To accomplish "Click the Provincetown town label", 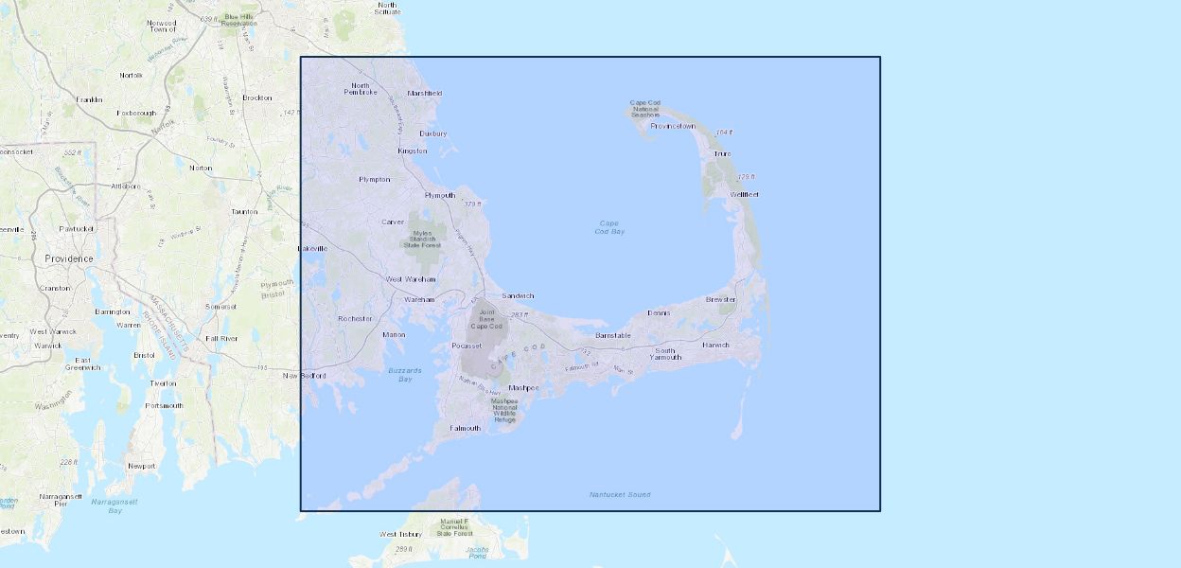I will coord(673,126).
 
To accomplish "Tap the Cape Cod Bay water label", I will coord(610,227).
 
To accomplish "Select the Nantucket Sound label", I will coord(620,494).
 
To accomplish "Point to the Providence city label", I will coord(69,258).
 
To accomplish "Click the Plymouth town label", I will coord(440,196).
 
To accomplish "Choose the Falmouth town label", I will coord(465,428).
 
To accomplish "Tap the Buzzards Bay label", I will coord(405,374).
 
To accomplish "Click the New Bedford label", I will coord(305,376).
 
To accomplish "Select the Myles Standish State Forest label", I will coord(424,239).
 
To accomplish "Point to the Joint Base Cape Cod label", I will coord(487,318).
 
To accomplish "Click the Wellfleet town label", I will coord(744,194).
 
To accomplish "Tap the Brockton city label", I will coord(256,98).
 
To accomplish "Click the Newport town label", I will coord(141,466).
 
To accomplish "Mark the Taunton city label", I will coord(244,211).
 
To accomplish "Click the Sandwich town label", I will coord(518,295).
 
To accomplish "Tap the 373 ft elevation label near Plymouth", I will coord(472,204).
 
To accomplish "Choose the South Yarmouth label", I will coord(665,353).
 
